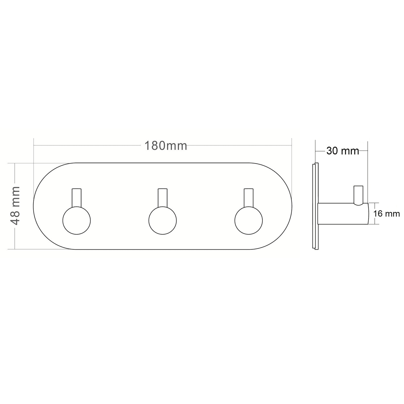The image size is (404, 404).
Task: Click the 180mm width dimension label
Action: click(166, 146)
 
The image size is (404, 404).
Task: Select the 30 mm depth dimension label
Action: click(343, 151)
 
